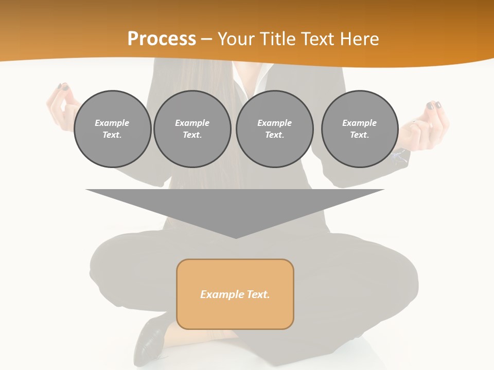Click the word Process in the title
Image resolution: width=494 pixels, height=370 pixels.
[162, 39]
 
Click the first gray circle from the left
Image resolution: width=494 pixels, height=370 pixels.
[112, 129]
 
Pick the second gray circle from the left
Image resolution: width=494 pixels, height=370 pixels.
[192, 129]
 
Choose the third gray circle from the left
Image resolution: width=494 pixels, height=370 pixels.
[274, 129]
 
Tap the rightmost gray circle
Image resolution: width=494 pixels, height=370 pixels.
[360, 129]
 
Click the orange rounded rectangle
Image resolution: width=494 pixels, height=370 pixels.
[235, 294]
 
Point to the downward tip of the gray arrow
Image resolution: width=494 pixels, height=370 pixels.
[236, 236]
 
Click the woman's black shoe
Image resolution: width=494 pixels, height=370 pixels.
[151, 342]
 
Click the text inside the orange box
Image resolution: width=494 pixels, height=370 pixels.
[235, 294]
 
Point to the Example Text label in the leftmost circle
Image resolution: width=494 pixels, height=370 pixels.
[112, 129]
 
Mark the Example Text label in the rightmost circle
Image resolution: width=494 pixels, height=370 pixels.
[360, 129]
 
